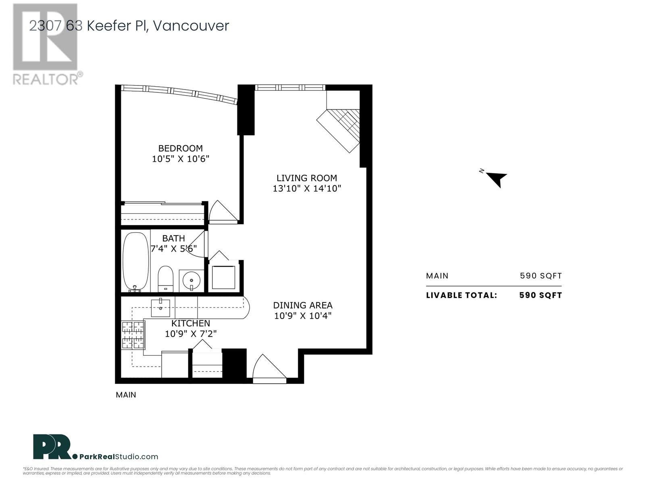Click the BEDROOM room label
(x=181, y=148)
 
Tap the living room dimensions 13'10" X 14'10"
(x=307, y=188)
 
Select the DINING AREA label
(x=303, y=305)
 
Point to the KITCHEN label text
(x=191, y=323)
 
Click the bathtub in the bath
(x=135, y=262)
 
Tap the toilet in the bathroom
(x=165, y=279)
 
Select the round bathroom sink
(x=191, y=281)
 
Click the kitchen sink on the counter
(x=160, y=308)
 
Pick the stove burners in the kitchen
(x=133, y=335)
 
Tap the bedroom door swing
(x=223, y=212)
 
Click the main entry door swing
(x=269, y=368)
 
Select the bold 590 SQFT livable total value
(x=541, y=295)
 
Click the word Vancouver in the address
(x=191, y=26)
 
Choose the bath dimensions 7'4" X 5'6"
(x=173, y=249)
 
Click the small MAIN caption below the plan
(x=126, y=395)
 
